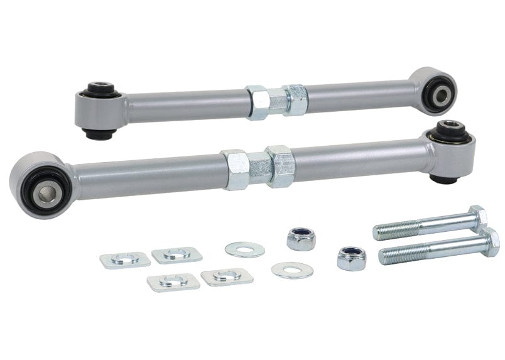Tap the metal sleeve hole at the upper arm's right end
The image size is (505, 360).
click(x=439, y=95)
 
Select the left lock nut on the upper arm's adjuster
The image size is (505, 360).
click(x=257, y=102)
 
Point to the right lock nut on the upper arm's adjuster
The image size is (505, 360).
click(x=296, y=99)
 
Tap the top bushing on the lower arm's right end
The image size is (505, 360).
click(x=448, y=133)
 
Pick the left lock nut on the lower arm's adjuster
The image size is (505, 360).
click(x=234, y=170)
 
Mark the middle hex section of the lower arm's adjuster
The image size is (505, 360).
click(x=258, y=168)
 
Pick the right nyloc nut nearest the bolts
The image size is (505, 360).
click(x=350, y=258)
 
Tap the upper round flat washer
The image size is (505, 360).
click(x=244, y=249)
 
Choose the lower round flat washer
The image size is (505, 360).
click(x=293, y=270)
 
